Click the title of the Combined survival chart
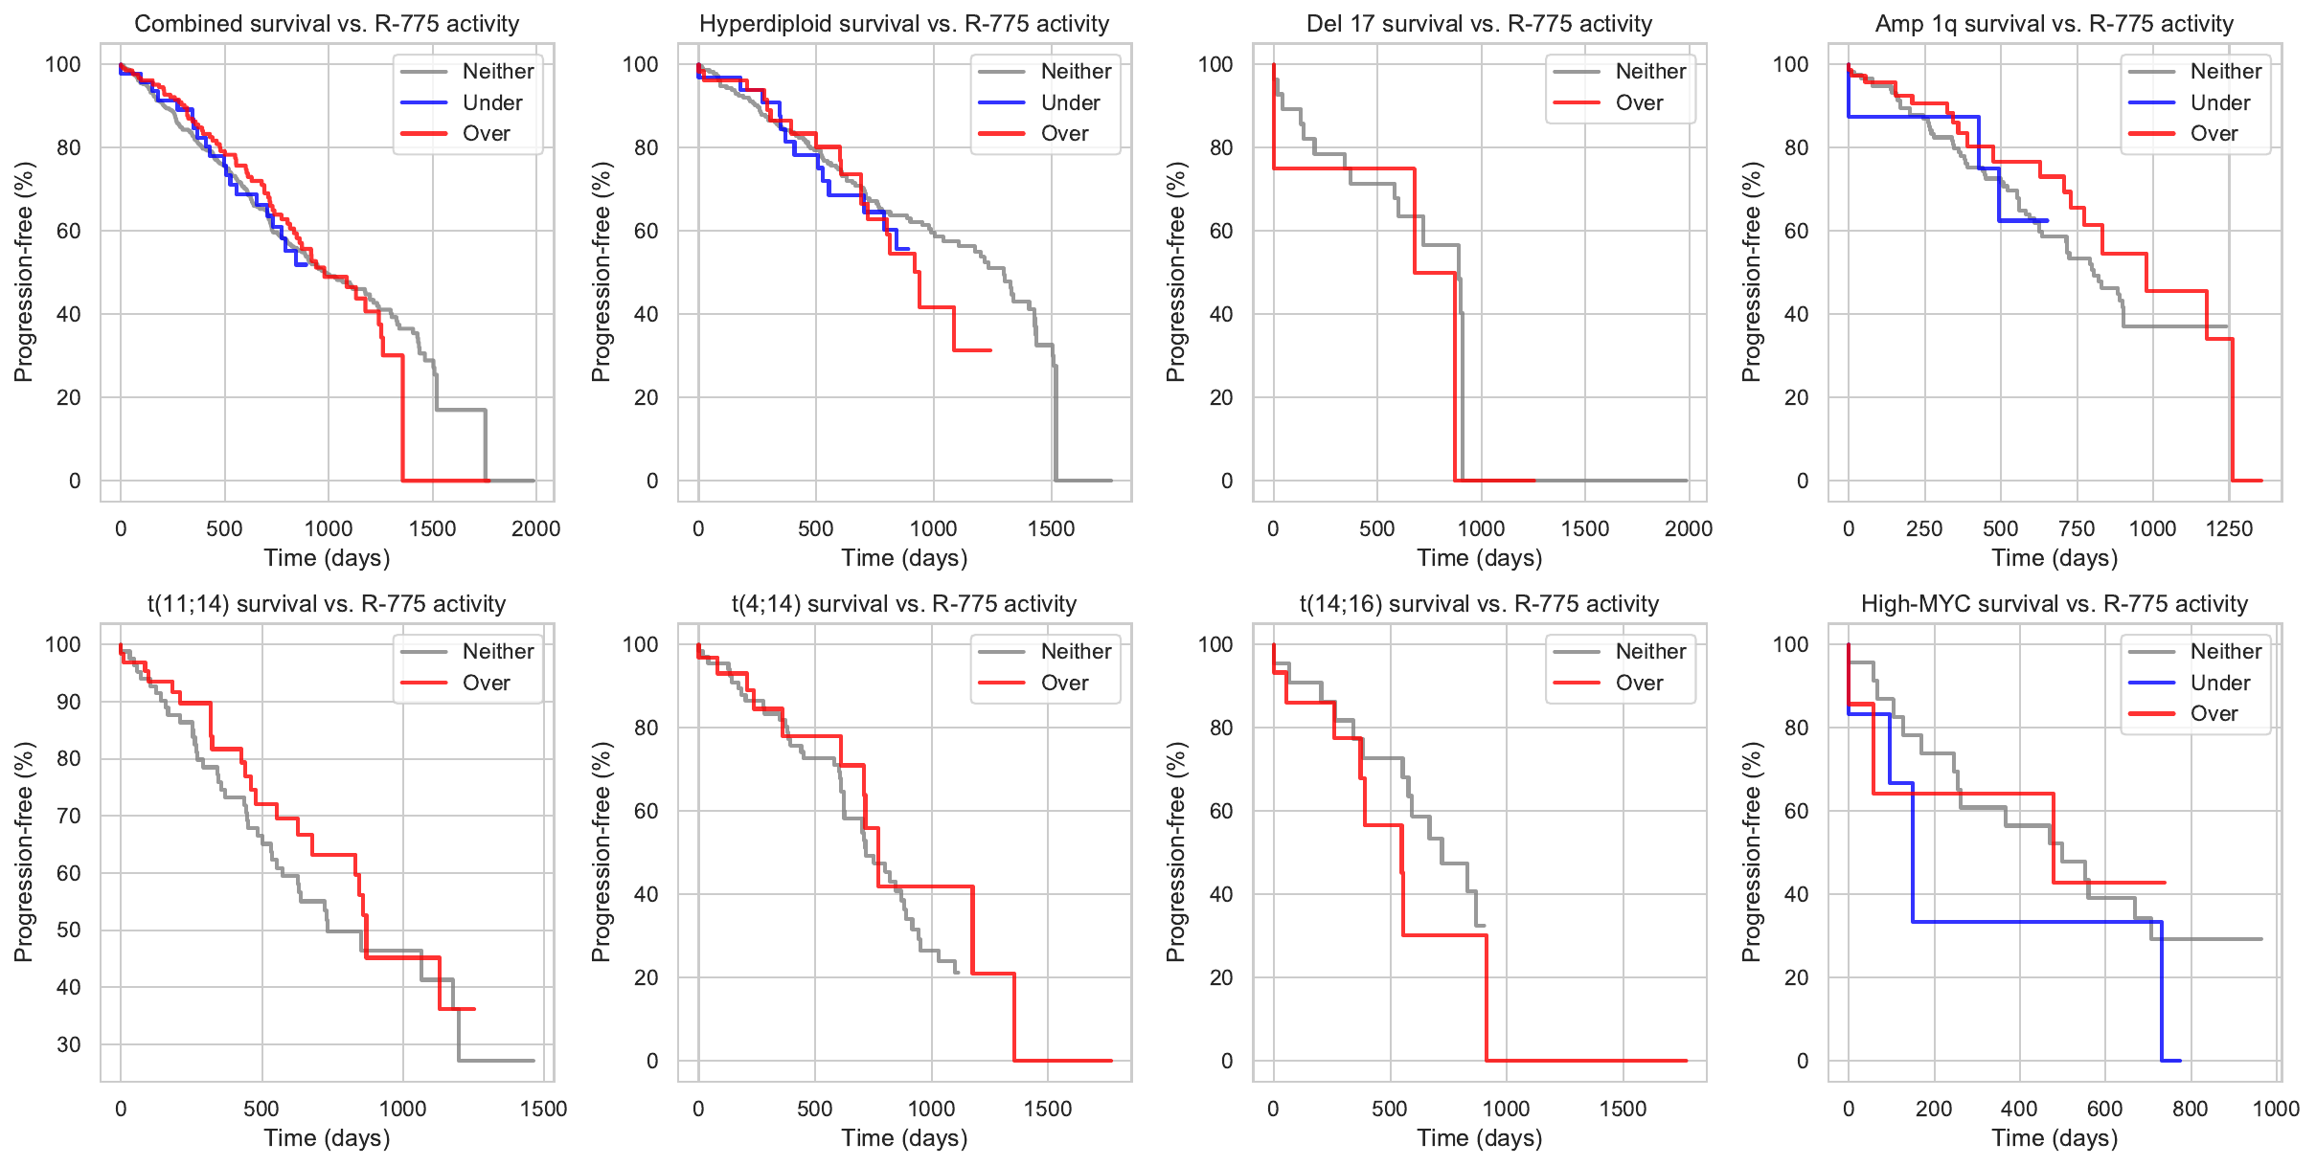tap(327, 24)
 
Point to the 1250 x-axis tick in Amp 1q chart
tap(2229, 528)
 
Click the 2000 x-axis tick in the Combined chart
tap(535, 528)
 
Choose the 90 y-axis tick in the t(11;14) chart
tap(69, 702)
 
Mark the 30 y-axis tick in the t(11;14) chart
tap(69, 1044)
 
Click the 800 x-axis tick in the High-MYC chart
tap(2191, 1109)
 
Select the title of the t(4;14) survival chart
tap(904, 604)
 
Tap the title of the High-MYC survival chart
tap(2055, 604)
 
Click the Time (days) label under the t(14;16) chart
tap(1480, 1137)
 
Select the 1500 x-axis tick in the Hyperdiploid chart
tap(1052, 528)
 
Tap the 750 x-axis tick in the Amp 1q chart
tap(2077, 528)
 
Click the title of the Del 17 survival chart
tap(1480, 24)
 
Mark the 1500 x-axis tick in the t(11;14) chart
tap(544, 1109)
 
